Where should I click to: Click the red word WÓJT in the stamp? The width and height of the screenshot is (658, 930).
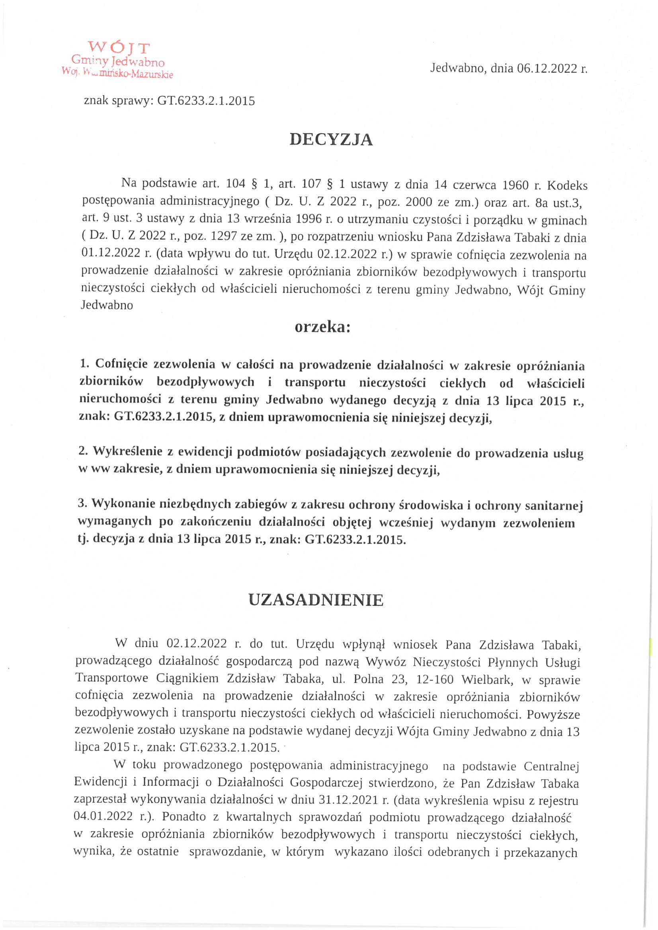click(x=119, y=48)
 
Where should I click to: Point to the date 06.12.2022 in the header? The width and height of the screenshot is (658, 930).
click(x=547, y=68)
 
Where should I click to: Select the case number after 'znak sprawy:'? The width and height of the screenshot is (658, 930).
click(x=206, y=101)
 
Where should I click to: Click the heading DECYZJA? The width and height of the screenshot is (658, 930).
click(x=331, y=139)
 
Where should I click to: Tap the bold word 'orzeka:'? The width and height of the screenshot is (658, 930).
click(x=322, y=327)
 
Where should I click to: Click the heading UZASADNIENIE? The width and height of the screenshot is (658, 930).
click(x=316, y=600)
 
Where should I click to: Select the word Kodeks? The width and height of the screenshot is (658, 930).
click(x=567, y=185)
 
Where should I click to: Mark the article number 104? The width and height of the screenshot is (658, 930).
click(x=235, y=185)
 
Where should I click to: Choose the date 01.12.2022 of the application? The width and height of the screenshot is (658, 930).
click(x=110, y=254)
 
